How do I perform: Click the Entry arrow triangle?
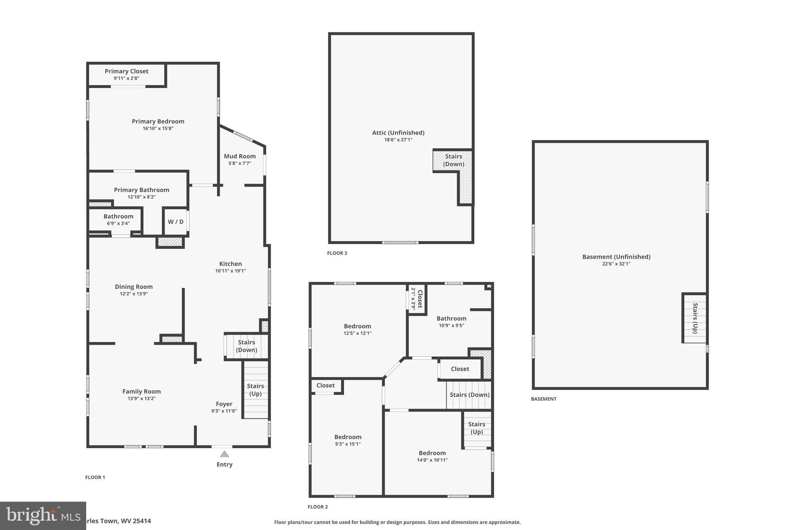(224, 454)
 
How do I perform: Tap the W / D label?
(175, 222)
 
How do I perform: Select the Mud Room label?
(240, 156)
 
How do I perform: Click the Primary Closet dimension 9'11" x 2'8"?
(127, 78)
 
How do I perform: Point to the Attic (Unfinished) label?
(398, 132)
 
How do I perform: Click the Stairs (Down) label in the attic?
(453, 160)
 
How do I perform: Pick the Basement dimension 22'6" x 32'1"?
(616, 264)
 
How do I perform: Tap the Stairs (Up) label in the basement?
(695, 318)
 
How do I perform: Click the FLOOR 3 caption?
(337, 253)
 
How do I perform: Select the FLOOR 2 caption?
(318, 507)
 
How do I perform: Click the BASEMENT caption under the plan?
(543, 399)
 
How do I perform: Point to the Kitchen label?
(230, 264)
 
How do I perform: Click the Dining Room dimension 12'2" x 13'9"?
(134, 294)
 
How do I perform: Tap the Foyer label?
(224, 404)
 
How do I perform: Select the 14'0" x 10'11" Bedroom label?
(432, 453)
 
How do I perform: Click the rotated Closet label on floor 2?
(419, 299)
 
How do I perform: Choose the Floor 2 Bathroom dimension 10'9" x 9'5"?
(451, 325)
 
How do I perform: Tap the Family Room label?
(141, 391)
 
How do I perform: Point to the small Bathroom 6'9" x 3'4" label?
(118, 216)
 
